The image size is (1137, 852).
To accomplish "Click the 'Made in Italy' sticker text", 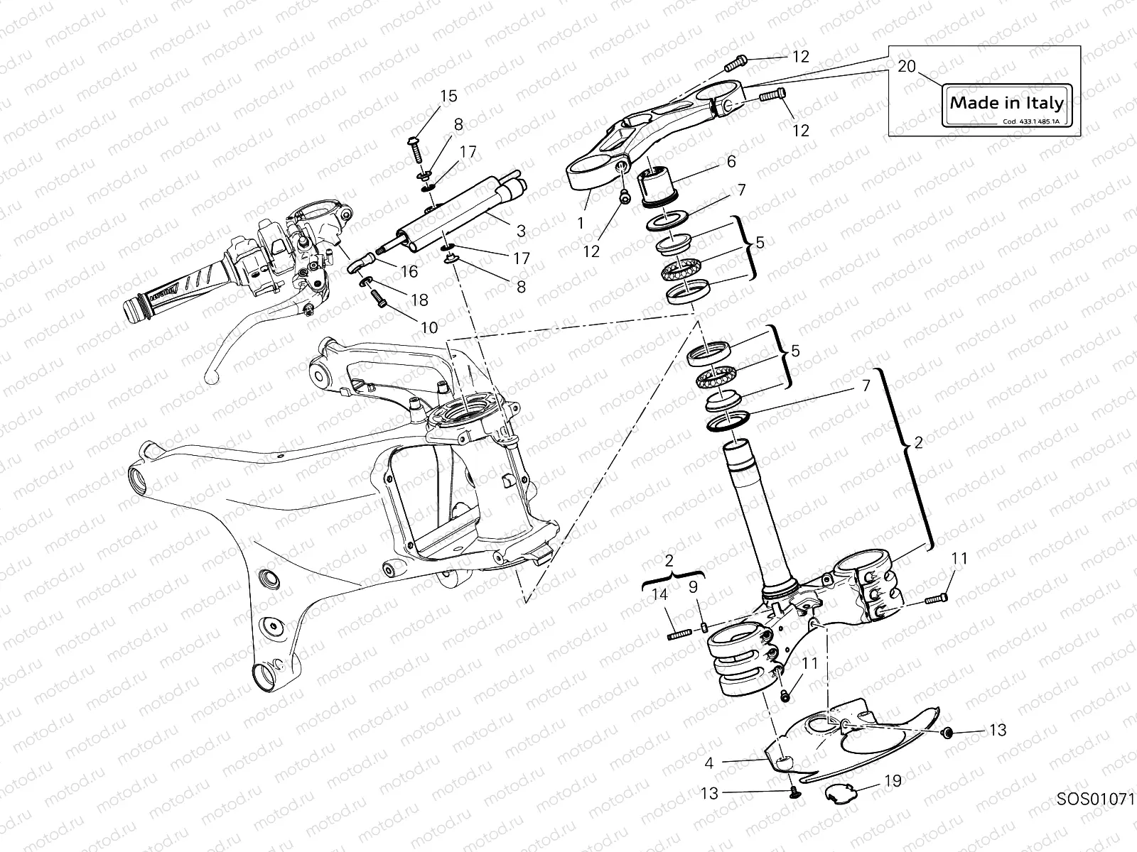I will (1007, 102).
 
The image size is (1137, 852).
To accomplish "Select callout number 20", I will (907, 66).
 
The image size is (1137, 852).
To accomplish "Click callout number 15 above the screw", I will (448, 96).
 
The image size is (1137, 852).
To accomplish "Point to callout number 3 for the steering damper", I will (521, 231).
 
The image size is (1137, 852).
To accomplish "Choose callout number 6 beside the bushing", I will (731, 161).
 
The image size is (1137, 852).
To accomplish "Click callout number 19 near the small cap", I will (893, 781).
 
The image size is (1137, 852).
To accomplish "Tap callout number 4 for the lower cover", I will (709, 764).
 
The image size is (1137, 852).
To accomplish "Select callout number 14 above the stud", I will (660, 595).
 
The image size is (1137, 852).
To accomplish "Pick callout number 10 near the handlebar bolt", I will (429, 327).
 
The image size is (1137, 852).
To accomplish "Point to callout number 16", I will (409, 271).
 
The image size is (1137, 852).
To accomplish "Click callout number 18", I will (420, 300).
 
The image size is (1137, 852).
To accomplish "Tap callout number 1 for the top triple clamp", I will (581, 223).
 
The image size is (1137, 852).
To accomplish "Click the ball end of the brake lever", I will (210, 378).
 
